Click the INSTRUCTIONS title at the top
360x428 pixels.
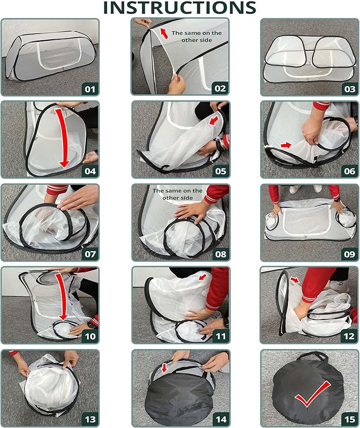(179, 7)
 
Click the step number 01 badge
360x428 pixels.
(90, 89)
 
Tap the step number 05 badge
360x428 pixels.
(221, 171)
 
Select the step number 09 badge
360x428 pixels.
(349, 254)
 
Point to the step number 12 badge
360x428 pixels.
(349, 336)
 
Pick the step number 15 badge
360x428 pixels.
(349, 420)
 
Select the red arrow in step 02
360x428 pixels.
(164, 33)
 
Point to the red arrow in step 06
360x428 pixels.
(286, 145)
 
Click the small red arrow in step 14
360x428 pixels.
(164, 368)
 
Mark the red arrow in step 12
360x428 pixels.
(295, 280)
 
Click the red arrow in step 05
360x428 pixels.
(214, 120)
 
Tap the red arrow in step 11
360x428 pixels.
(203, 277)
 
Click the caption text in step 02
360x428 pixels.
(197, 37)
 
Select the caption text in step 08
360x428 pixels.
(178, 194)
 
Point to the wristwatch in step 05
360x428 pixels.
(219, 145)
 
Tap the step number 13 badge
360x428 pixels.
(90, 420)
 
